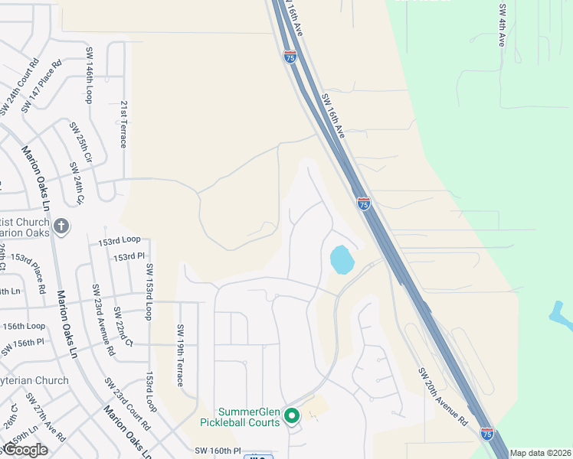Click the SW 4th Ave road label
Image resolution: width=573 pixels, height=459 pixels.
click(502, 25)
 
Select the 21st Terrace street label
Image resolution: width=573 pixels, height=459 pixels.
click(123, 123)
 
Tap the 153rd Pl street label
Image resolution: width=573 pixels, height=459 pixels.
click(129, 257)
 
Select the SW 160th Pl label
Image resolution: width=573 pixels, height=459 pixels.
click(218, 451)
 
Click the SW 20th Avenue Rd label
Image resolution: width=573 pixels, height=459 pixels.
click(442, 396)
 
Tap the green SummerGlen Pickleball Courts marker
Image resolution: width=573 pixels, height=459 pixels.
click(291, 416)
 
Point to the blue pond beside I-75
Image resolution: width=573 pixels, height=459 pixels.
click(342, 259)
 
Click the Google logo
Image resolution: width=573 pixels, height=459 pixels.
click(25, 450)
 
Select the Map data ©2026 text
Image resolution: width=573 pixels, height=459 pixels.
click(540, 453)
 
